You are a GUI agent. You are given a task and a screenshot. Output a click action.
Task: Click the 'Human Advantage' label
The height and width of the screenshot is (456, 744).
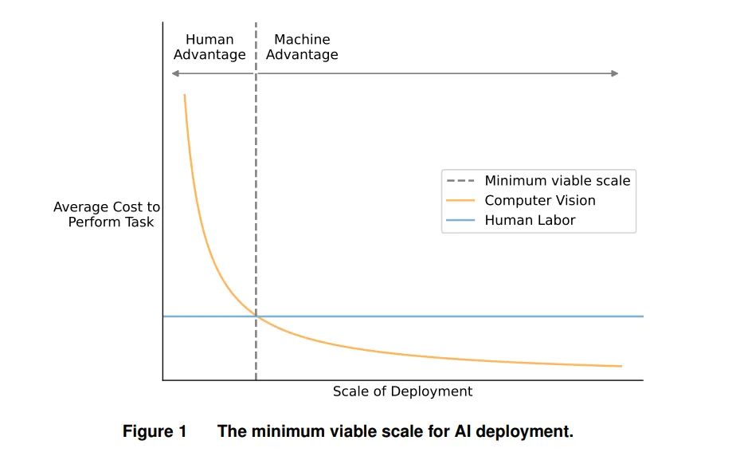pos(209,46)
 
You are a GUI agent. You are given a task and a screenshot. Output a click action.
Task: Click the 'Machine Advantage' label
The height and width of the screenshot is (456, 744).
pos(302,46)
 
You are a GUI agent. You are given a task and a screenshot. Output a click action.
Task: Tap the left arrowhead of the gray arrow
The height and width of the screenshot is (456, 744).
pos(175,73)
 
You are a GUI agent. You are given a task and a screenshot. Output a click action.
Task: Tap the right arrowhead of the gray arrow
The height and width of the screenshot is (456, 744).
pos(614,73)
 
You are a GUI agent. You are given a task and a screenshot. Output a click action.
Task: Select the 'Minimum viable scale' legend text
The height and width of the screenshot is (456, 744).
pos(558,180)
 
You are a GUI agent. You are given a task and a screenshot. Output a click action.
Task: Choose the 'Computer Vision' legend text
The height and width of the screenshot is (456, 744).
pos(540,200)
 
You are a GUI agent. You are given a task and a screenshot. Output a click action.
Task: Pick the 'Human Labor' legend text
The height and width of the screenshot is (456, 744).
pos(530,220)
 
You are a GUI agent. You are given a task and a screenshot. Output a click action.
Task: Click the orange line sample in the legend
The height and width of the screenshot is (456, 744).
pos(460,200)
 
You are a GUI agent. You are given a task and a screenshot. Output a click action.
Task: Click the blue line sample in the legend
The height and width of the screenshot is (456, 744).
pos(460,220)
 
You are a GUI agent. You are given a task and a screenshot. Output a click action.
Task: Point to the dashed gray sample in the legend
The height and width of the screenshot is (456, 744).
pos(460,180)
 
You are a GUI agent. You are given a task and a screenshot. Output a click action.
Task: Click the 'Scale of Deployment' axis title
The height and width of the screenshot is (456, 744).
pos(402,391)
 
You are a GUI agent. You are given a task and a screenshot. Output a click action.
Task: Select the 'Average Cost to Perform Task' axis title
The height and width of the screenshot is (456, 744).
pos(107,214)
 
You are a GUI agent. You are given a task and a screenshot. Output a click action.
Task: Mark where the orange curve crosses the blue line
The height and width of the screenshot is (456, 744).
pos(256,316)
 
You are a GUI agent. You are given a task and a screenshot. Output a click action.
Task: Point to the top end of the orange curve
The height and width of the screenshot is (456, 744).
pos(185,95)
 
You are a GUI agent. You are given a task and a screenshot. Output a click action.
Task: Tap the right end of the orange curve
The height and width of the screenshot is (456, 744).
pos(621,366)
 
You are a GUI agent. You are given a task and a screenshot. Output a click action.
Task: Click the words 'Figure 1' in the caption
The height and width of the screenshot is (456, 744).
pos(155,431)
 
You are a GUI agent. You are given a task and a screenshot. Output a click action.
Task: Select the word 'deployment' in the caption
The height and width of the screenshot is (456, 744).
pos(524,432)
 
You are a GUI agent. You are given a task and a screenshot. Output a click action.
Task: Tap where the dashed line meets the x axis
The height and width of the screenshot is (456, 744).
pos(256,380)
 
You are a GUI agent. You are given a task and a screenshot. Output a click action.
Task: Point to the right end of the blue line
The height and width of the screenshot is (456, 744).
pos(644,316)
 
